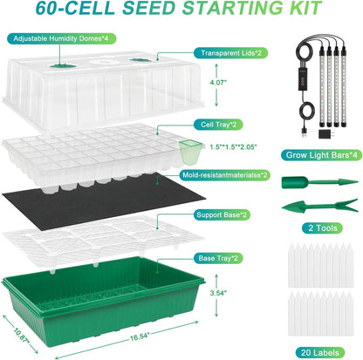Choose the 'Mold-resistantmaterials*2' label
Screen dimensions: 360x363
click(x=224, y=173)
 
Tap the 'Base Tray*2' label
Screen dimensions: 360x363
click(x=217, y=257)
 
